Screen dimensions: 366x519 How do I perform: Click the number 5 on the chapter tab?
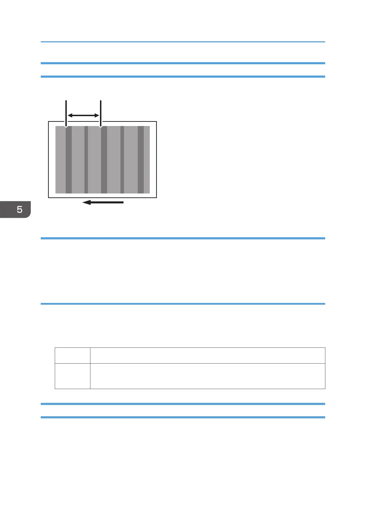tap(19, 209)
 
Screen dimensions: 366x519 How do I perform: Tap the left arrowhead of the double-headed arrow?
tap(70, 115)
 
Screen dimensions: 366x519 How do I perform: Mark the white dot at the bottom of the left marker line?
tap(66, 125)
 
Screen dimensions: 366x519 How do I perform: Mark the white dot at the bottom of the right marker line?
tap(101, 125)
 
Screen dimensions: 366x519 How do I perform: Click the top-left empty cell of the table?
tap(72, 356)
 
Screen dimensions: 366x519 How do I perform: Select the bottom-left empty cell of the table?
tap(72, 376)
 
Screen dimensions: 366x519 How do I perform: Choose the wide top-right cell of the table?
tap(207, 356)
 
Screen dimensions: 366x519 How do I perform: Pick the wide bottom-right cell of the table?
tap(207, 376)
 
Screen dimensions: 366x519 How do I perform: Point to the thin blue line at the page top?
tap(183, 42)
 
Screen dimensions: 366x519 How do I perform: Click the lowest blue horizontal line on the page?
tap(183, 417)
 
